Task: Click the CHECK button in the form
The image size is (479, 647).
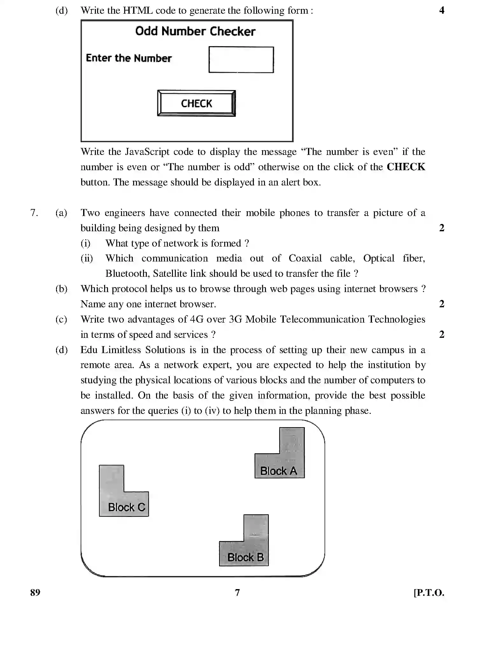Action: [196, 103]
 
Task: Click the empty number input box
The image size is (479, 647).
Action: [241, 60]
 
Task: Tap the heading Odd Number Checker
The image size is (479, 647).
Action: [195, 31]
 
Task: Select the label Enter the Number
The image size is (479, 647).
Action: [129, 58]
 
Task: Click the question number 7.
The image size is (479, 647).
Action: [34, 212]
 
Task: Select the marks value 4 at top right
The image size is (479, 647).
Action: [441, 10]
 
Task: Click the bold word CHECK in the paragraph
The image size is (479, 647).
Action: [406, 167]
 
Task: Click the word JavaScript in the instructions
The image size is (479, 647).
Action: [147, 152]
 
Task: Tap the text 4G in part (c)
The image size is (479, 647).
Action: [196, 319]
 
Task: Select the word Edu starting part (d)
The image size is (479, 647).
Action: [89, 350]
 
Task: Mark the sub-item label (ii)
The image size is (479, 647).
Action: [87, 258]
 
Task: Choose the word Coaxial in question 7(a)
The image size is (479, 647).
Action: [305, 258]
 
